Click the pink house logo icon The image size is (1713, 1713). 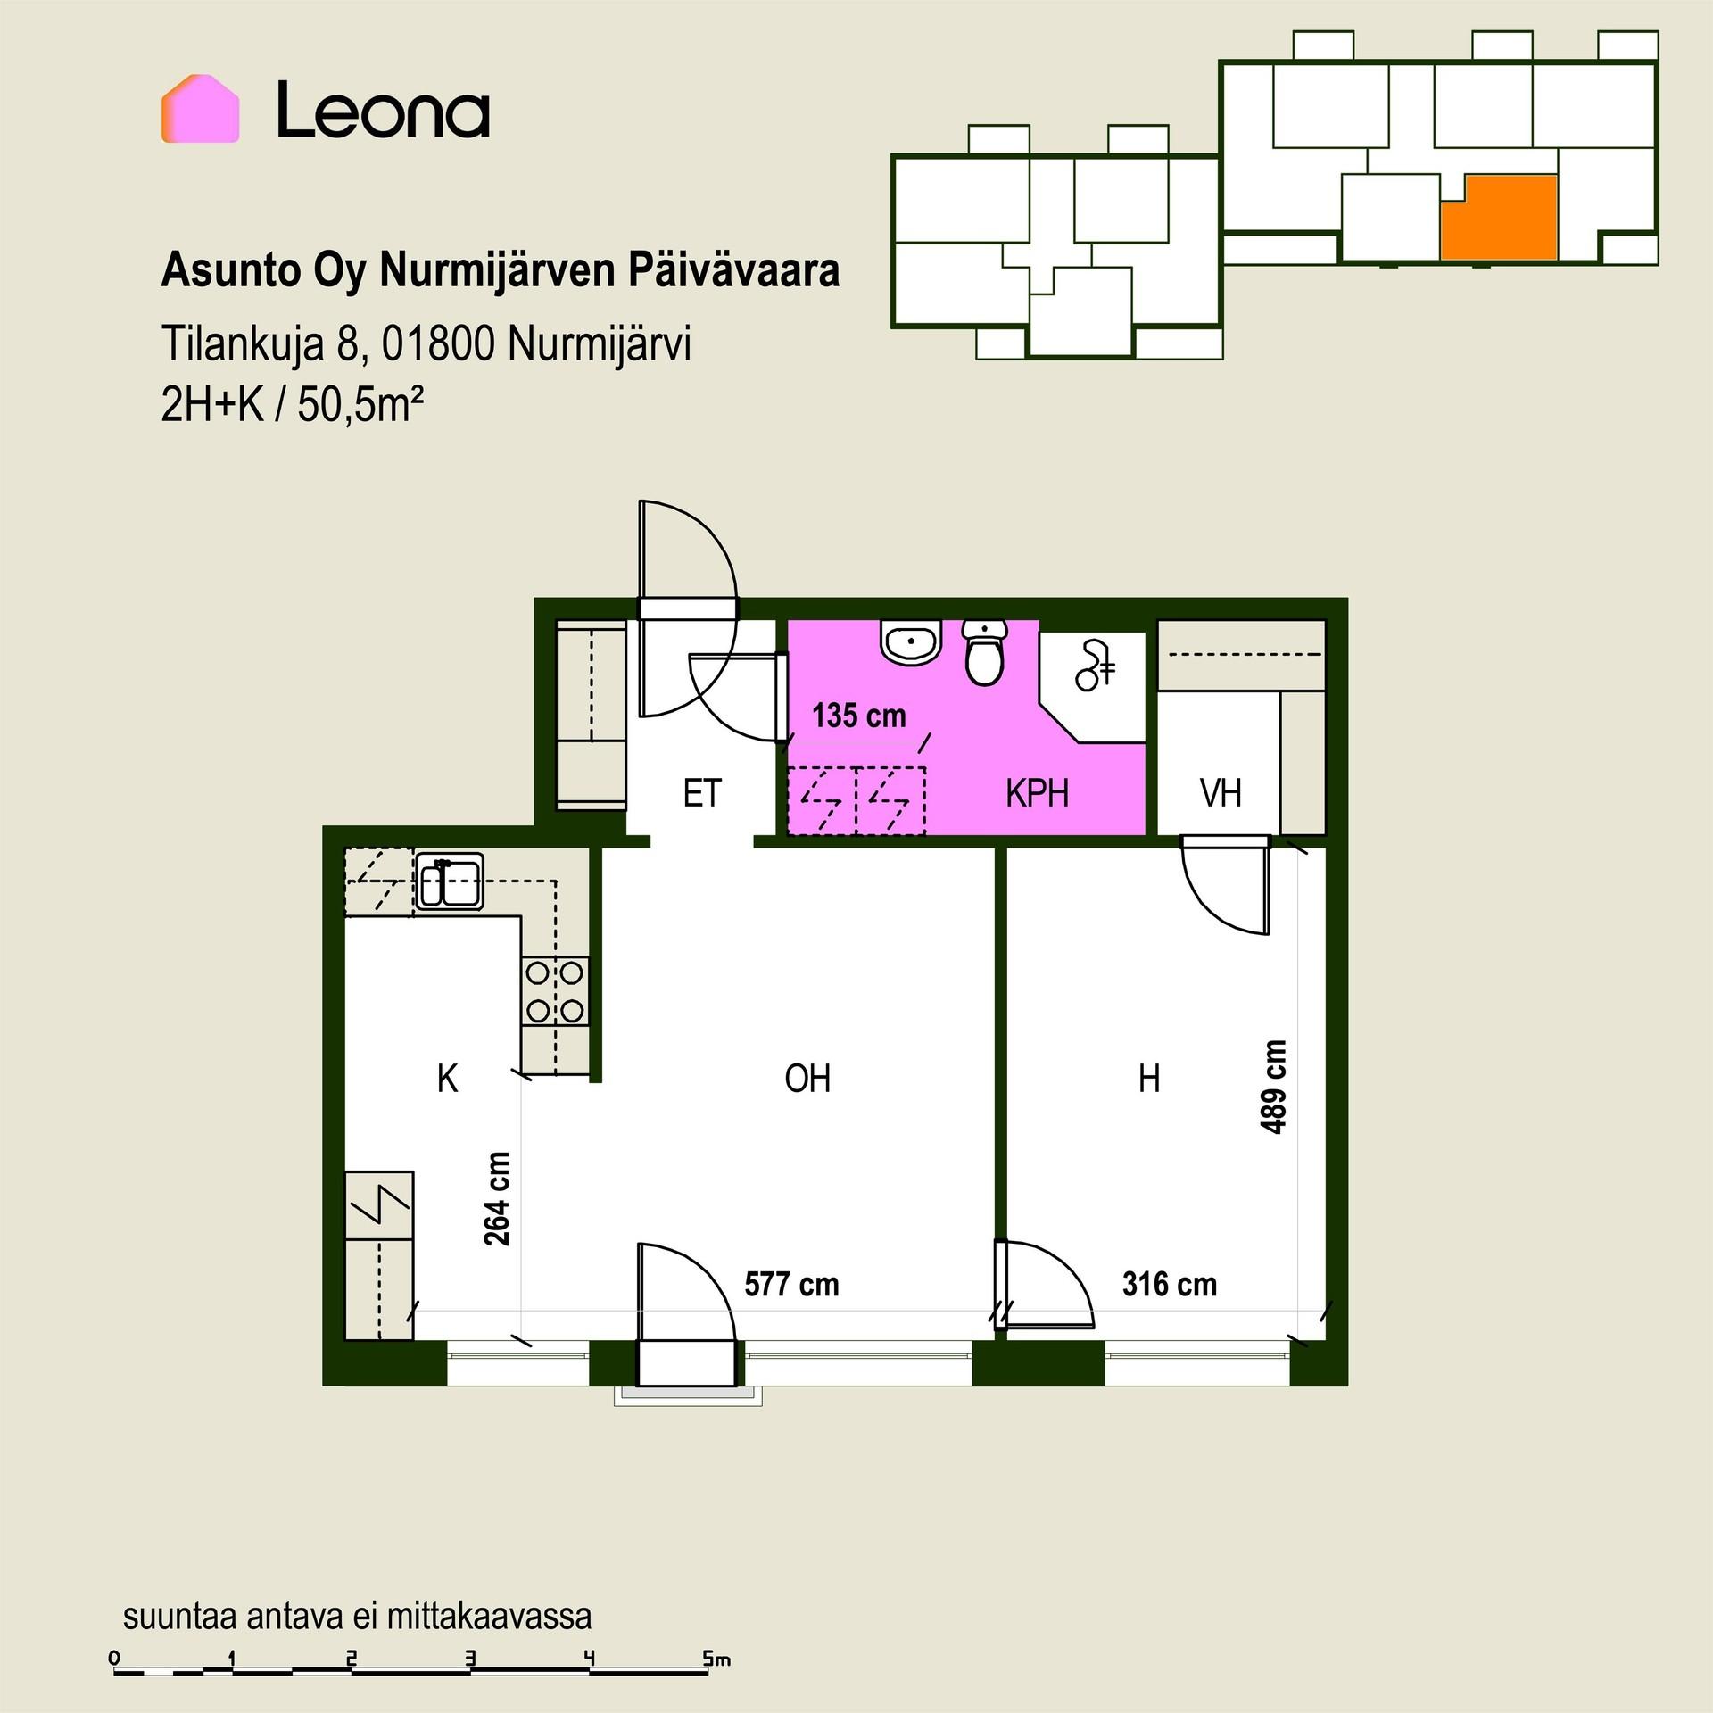200,109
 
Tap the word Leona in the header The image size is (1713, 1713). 384,111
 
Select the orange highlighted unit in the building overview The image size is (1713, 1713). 1501,218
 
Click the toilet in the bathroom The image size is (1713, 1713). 985,652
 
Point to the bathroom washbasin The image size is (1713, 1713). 911,641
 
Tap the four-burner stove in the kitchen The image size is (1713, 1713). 555,991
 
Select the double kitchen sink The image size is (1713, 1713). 450,881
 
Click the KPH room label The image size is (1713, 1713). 1037,793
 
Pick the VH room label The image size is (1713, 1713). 1221,793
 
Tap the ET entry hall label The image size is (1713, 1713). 702,793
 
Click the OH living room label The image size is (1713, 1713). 807,1079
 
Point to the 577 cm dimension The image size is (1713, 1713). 792,1285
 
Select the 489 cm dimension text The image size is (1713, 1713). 1274,1088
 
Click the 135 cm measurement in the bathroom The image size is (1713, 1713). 858,716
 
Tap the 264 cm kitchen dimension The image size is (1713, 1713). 497,1199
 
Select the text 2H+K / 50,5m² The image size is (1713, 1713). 292,406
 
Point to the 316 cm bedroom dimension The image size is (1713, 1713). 1170,1285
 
